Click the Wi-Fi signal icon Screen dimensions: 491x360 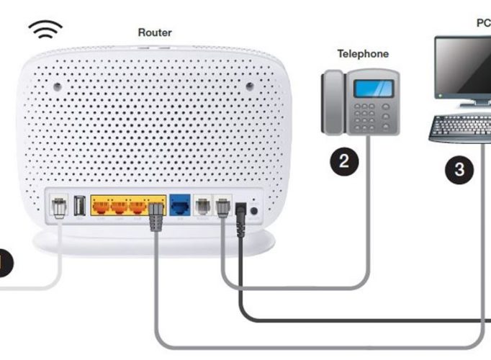[x=45, y=29]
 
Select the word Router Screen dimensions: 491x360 [x=155, y=32]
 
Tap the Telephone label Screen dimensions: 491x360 [x=363, y=54]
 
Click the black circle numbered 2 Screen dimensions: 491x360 [x=344, y=161]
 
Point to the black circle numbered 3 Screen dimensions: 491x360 [x=459, y=170]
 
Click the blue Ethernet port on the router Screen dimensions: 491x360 [x=180, y=205]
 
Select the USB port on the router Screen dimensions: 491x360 [x=79, y=205]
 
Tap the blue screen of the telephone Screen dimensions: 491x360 [x=373, y=89]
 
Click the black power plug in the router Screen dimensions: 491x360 [x=240, y=220]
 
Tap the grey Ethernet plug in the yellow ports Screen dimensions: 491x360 [x=156, y=217]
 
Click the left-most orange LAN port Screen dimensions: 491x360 [x=101, y=207]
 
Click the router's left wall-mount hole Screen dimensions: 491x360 [x=58, y=86]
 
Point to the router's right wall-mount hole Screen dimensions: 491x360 [x=250, y=86]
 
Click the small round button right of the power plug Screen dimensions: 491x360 [x=254, y=211]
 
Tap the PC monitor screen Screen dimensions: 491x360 [x=464, y=66]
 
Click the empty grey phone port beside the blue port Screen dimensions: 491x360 [x=203, y=206]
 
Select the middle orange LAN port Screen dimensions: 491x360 [x=120, y=207]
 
